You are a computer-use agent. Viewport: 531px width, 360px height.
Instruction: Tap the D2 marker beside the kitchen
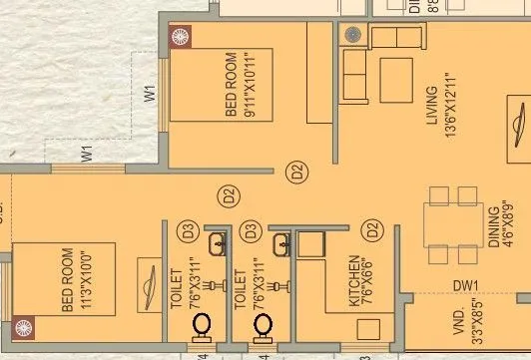pyautogui.click(x=371, y=231)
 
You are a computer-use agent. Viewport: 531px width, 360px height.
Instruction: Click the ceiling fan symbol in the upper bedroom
pyautogui.click(x=181, y=38)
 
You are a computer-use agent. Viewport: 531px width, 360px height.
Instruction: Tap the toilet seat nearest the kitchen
pyautogui.click(x=263, y=326)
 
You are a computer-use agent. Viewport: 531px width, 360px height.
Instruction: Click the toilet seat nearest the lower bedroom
pyautogui.click(x=202, y=326)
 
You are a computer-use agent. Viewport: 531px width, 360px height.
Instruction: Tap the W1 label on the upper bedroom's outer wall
pyautogui.click(x=151, y=95)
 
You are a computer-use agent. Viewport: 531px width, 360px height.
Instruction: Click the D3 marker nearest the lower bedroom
pyautogui.click(x=186, y=231)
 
